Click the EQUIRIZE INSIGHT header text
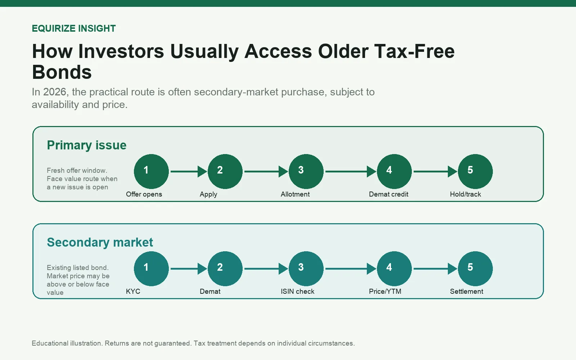coord(74,28)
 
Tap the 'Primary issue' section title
coord(87,145)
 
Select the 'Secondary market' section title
coord(100,242)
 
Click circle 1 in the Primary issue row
coord(151,171)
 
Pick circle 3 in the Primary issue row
coord(306,171)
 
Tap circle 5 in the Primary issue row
coord(475,171)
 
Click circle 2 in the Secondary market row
coord(225,269)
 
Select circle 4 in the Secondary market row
coord(394,269)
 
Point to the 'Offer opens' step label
coord(144,194)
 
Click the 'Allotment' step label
coord(295,194)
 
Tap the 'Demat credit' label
coord(388,194)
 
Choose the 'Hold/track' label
coord(465,194)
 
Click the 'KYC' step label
coord(133,291)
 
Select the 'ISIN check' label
coord(297,291)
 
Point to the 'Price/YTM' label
coord(385,291)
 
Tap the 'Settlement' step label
coord(467,291)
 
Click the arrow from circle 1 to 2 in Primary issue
coord(189,171)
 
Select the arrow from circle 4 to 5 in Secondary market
coord(436,269)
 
